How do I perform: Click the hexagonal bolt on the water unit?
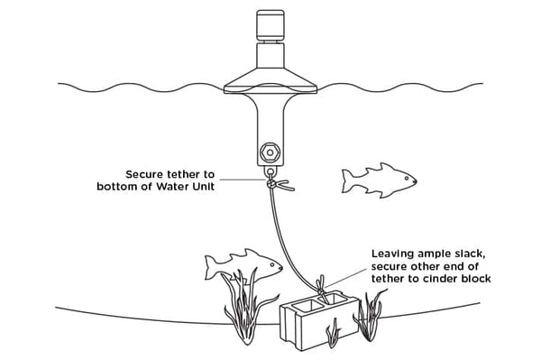click(270, 152)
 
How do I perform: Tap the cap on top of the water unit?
click(270, 24)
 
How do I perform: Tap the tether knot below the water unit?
click(272, 184)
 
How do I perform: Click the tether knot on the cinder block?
click(322, 287)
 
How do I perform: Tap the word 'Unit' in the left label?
click(203, 187)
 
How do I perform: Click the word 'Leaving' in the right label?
click(392, 254)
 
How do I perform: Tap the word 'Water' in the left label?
click(171, 187)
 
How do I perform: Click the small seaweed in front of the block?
click(333, 333)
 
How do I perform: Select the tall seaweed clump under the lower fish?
click(245, 306)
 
